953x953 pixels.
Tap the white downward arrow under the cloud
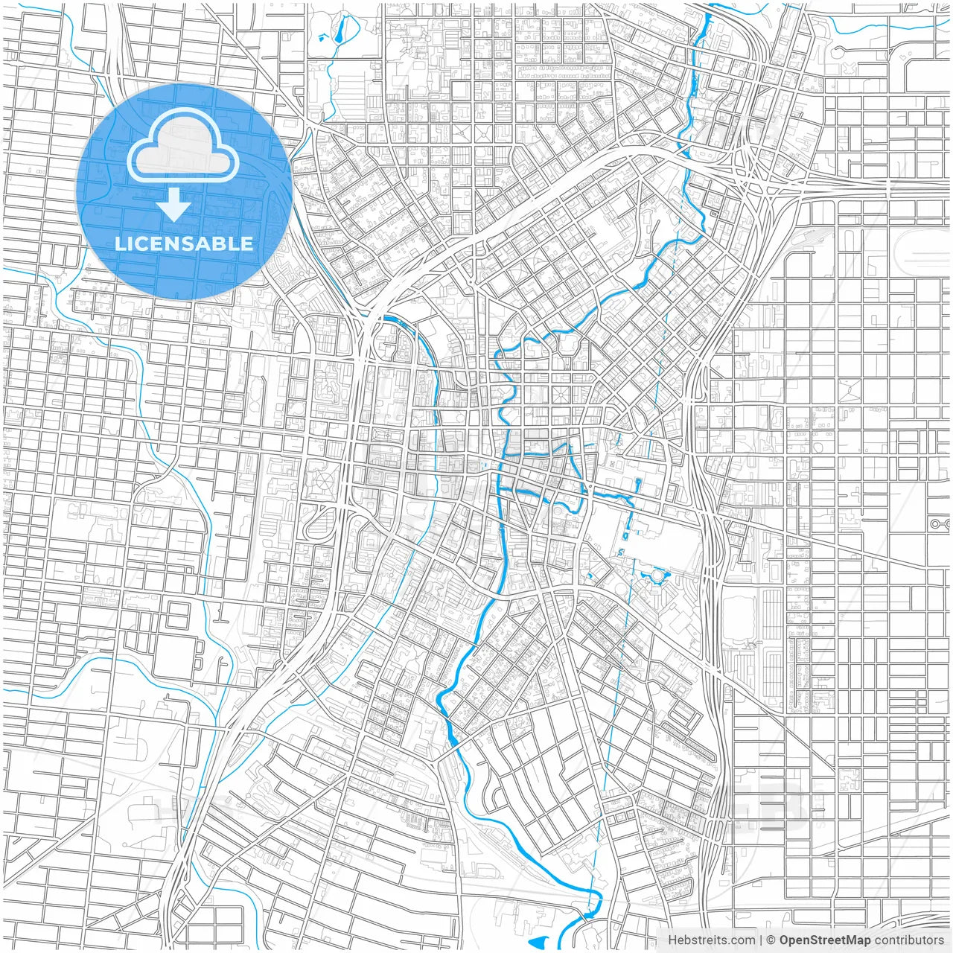pos(174,205)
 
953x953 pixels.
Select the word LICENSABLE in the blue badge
pos(183,243)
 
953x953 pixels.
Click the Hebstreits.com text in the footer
pos(711,940)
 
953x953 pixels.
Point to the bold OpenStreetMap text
pos(824,940)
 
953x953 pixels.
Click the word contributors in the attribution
pos(909,940)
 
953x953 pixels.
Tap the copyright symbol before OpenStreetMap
pos(771,940)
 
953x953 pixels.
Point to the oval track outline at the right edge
pos(923,253)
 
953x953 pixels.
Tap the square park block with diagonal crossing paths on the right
pos(849,392)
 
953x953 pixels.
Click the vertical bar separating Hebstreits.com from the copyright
pos(760,940)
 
